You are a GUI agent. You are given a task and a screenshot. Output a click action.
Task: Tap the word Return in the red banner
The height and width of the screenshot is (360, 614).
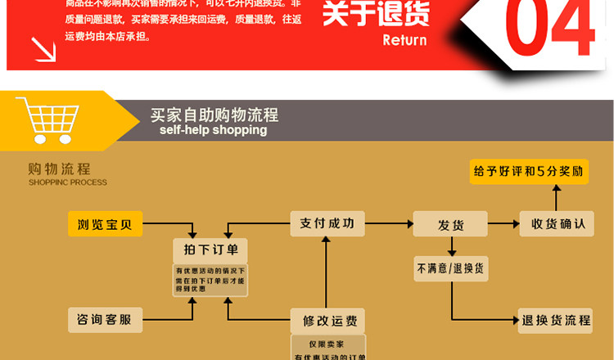(x=404, y=39)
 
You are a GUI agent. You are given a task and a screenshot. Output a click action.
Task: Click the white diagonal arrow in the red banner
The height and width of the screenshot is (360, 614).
(x=43, y=48)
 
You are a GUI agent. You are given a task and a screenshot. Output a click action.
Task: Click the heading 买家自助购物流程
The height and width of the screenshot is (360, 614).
(x=214, y=115)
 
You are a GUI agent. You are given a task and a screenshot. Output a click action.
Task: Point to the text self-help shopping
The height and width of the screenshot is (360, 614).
(x=214, y=130)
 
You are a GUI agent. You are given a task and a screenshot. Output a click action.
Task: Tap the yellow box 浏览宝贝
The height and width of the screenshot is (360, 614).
(x=105, y=223)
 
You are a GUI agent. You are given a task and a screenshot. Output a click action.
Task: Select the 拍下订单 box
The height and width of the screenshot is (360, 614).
(x=210, y=250)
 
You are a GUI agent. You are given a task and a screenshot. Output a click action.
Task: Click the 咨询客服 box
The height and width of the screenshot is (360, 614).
(x=105, y=319)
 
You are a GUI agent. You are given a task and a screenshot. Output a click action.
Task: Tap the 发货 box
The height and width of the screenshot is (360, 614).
(x=450, y=223)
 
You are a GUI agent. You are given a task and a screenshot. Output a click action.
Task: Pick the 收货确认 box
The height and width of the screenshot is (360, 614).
(x=556, y=223)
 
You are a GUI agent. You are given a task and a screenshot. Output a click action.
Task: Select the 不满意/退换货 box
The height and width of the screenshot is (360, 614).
(x=450, y=268)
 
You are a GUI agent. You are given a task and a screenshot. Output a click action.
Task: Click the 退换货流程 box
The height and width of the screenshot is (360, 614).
(x=556, y=319)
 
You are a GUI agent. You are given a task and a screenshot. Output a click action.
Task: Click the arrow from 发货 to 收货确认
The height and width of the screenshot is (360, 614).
(x=503, y=223)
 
